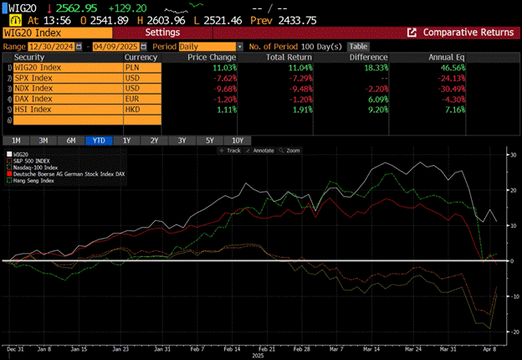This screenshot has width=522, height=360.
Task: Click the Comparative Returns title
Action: [468, 32]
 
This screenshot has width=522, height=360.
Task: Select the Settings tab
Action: [162, 32]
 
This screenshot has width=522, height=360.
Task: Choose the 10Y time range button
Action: [238, 140]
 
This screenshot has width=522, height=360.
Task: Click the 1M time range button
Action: [15, 140]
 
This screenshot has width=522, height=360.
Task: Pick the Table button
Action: [358, 46]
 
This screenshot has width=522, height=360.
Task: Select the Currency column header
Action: [142, 57]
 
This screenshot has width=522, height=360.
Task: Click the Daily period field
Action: [209, 46]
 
